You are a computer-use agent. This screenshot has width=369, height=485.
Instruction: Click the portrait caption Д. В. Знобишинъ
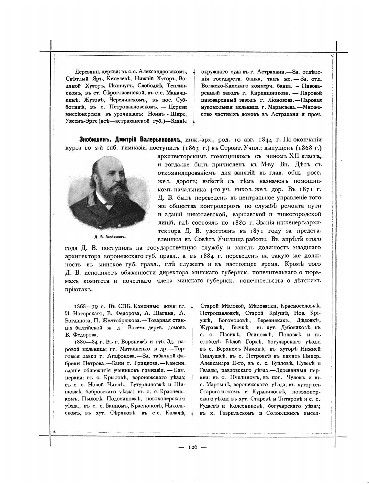coord(110,237)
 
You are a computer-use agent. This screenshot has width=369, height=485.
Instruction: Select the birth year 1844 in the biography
coord(266,140)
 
